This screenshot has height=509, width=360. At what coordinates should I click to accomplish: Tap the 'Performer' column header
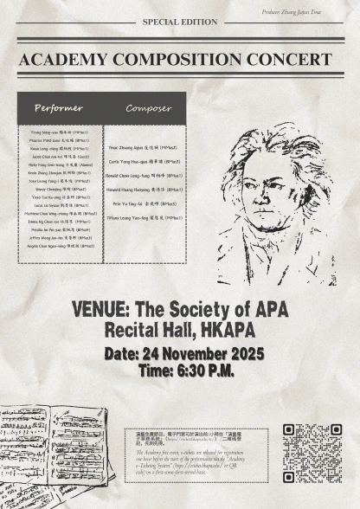click(59, 108)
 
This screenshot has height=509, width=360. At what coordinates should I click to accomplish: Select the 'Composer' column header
click(148, 108)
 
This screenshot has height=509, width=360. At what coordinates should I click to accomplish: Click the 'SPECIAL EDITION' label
click(179, 22)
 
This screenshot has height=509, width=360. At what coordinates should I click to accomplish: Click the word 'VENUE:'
click(103, 309)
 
